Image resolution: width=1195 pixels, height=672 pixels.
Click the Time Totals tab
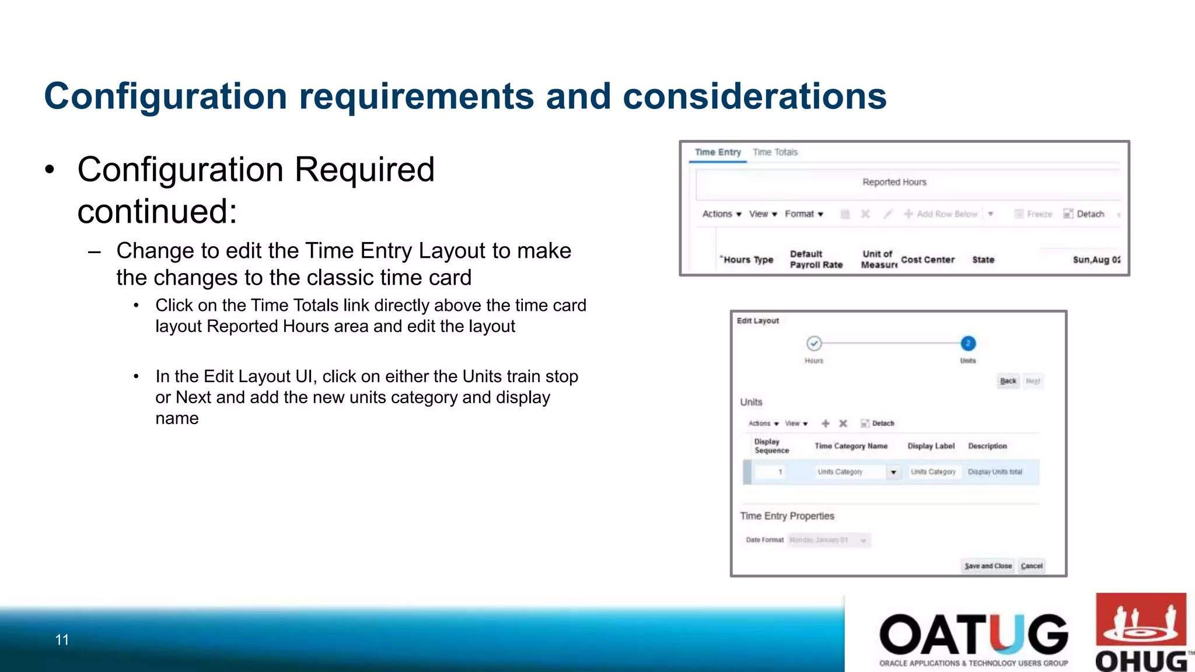(x=775, y=152)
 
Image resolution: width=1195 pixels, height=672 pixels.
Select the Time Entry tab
(x=718, y=152)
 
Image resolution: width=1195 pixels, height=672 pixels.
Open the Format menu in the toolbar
(x=803, y=214)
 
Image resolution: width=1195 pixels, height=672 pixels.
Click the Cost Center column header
(x=927, y=260)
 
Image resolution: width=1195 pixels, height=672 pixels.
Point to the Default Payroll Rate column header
(x=816, y=259)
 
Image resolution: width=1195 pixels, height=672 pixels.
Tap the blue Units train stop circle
(x=967, y=344)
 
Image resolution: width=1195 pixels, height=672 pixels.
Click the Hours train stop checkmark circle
(x=814, y=344)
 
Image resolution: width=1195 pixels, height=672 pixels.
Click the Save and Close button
(x=987, y=566)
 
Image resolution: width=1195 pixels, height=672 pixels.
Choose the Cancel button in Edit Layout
(x=1031, y=566)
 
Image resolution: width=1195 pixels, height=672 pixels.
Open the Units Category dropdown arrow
(x=893, y=472)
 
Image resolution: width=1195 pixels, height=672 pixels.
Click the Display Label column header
(x=931, y=446)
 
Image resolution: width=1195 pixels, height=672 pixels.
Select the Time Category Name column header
(x=851, y=446)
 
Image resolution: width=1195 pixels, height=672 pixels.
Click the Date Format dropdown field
(x=829, y=540)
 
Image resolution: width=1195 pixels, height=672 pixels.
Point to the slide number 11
(x=62, y=640)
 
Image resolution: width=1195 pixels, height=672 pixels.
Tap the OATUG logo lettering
(x=973, y=635)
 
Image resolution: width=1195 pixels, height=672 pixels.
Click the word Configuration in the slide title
(x=165, y=96)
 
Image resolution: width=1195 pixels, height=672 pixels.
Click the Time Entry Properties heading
(x=787, y=516)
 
